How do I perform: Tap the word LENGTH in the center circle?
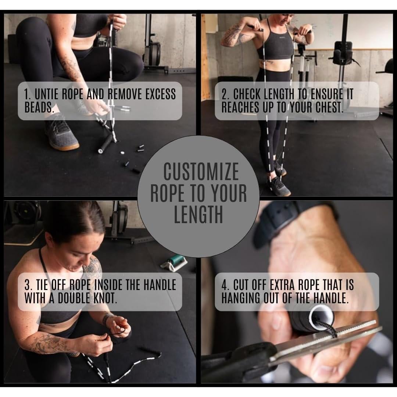pos(198,215)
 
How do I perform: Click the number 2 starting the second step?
pos(224,94)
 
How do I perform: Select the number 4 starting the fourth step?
pos(224,285)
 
